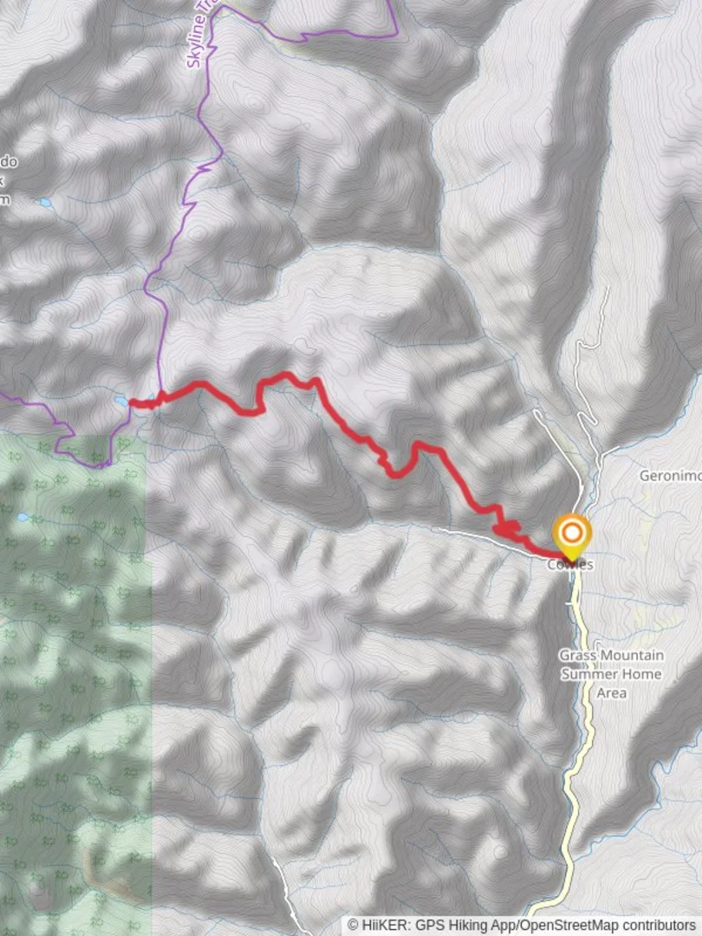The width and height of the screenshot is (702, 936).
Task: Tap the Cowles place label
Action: coord(570,564)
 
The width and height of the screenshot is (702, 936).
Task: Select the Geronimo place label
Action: coord(670,476)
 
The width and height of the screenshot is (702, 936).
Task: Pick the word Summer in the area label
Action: coord(588,674)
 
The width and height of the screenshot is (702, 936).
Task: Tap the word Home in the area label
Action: coord(643,674)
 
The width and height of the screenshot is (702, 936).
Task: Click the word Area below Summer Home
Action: coord(611,692)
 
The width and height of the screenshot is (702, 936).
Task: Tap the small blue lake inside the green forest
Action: coord(23,517)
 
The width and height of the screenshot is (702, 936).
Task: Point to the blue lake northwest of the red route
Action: coord(43,203)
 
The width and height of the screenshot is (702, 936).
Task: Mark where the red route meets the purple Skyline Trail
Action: coord(159,396)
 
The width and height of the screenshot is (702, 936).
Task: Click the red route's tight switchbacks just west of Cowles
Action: coord(506,528)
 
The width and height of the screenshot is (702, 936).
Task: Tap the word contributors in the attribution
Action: coord(660,925)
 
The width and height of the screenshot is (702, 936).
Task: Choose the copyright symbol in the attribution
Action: coord(353,925)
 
